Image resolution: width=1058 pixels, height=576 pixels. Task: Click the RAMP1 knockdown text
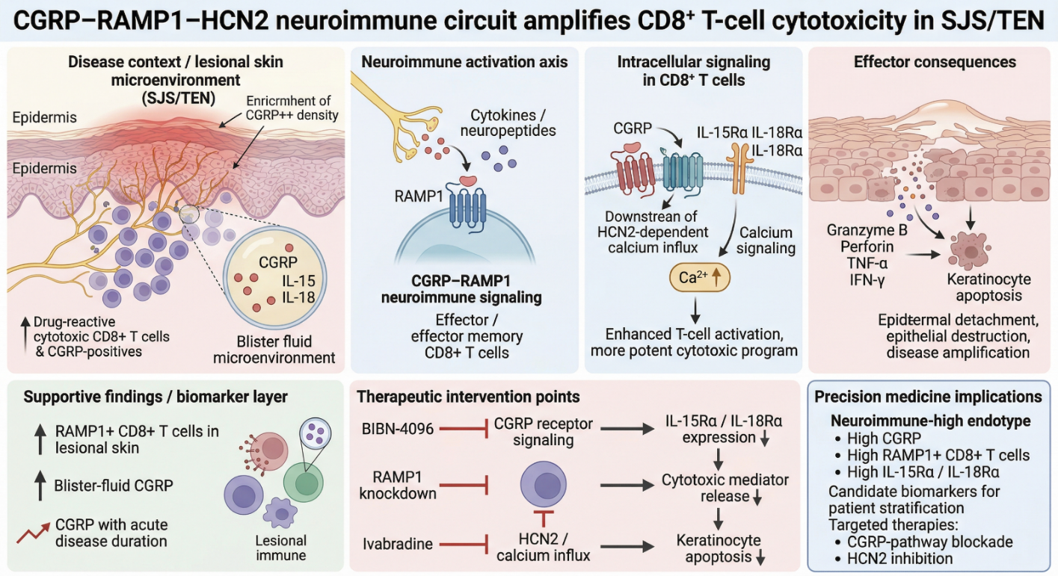tap(398, 484)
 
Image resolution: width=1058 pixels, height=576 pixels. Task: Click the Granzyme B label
tap(867, 230)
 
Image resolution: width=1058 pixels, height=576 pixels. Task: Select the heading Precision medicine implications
tap(928, 397)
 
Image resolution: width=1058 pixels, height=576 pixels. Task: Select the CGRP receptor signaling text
tap(543, 432)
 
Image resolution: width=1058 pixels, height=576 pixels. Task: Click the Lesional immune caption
tap(281, 547)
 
